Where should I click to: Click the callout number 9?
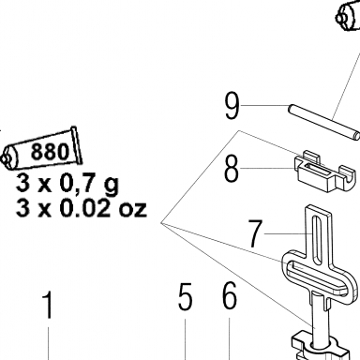click(232, 106)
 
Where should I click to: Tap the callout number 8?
click(232, 169)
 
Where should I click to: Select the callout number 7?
click(255, 233)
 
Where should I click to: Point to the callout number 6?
click(230, 296)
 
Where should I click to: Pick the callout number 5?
click(185, 297)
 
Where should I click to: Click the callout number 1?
click(48, 305)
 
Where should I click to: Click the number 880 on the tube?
click(50, 151)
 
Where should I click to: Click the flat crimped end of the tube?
click(77, 145)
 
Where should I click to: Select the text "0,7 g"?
click(89, 184)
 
